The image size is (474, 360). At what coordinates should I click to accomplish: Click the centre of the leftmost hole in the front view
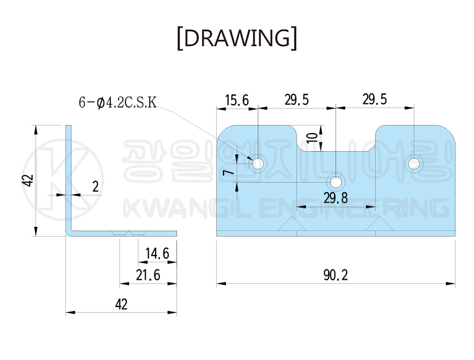pos(258,164)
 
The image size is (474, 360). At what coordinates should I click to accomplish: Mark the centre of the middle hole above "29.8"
pos(336,183)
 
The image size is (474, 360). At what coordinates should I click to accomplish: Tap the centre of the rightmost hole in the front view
pos(414,164)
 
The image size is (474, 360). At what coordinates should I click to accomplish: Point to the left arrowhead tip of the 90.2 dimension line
pos(217,283)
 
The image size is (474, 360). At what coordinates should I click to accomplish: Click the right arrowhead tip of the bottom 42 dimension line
pos(177,312)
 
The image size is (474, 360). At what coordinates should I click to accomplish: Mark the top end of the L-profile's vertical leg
pos(68,125)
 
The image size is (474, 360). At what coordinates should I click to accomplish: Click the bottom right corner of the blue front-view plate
pos(455,236)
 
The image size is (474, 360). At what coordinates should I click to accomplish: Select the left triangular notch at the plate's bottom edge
pos(292,224)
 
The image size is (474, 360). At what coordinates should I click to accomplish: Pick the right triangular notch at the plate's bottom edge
pos(380,224)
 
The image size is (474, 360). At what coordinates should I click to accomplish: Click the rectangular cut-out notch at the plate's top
pos(336,138)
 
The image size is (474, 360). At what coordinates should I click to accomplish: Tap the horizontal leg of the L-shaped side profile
pos(121,233)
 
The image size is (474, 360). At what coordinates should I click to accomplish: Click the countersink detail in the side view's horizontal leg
pos(129,233)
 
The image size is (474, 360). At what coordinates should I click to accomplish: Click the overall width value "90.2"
pos(336,275)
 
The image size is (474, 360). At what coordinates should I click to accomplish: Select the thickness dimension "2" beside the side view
pos(96,187)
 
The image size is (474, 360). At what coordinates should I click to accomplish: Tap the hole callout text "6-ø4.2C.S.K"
pos(118,102)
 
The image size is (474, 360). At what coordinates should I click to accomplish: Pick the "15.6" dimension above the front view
pos(237,100)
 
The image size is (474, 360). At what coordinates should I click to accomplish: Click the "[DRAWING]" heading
pos(237,38)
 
